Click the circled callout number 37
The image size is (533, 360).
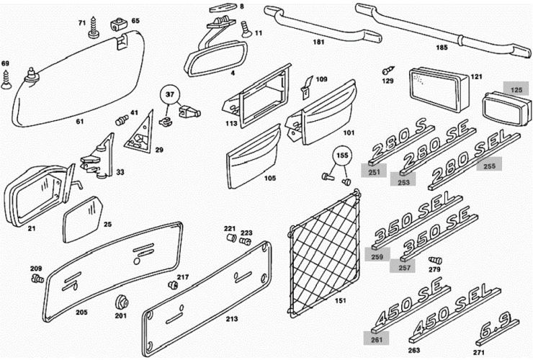[170, 94]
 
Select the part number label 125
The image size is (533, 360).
[516, 90]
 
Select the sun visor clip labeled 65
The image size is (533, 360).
[119, 26]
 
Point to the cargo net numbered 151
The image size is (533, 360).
[326, 253]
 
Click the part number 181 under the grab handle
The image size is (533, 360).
[319, 42]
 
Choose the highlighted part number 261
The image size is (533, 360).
[377, 337]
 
